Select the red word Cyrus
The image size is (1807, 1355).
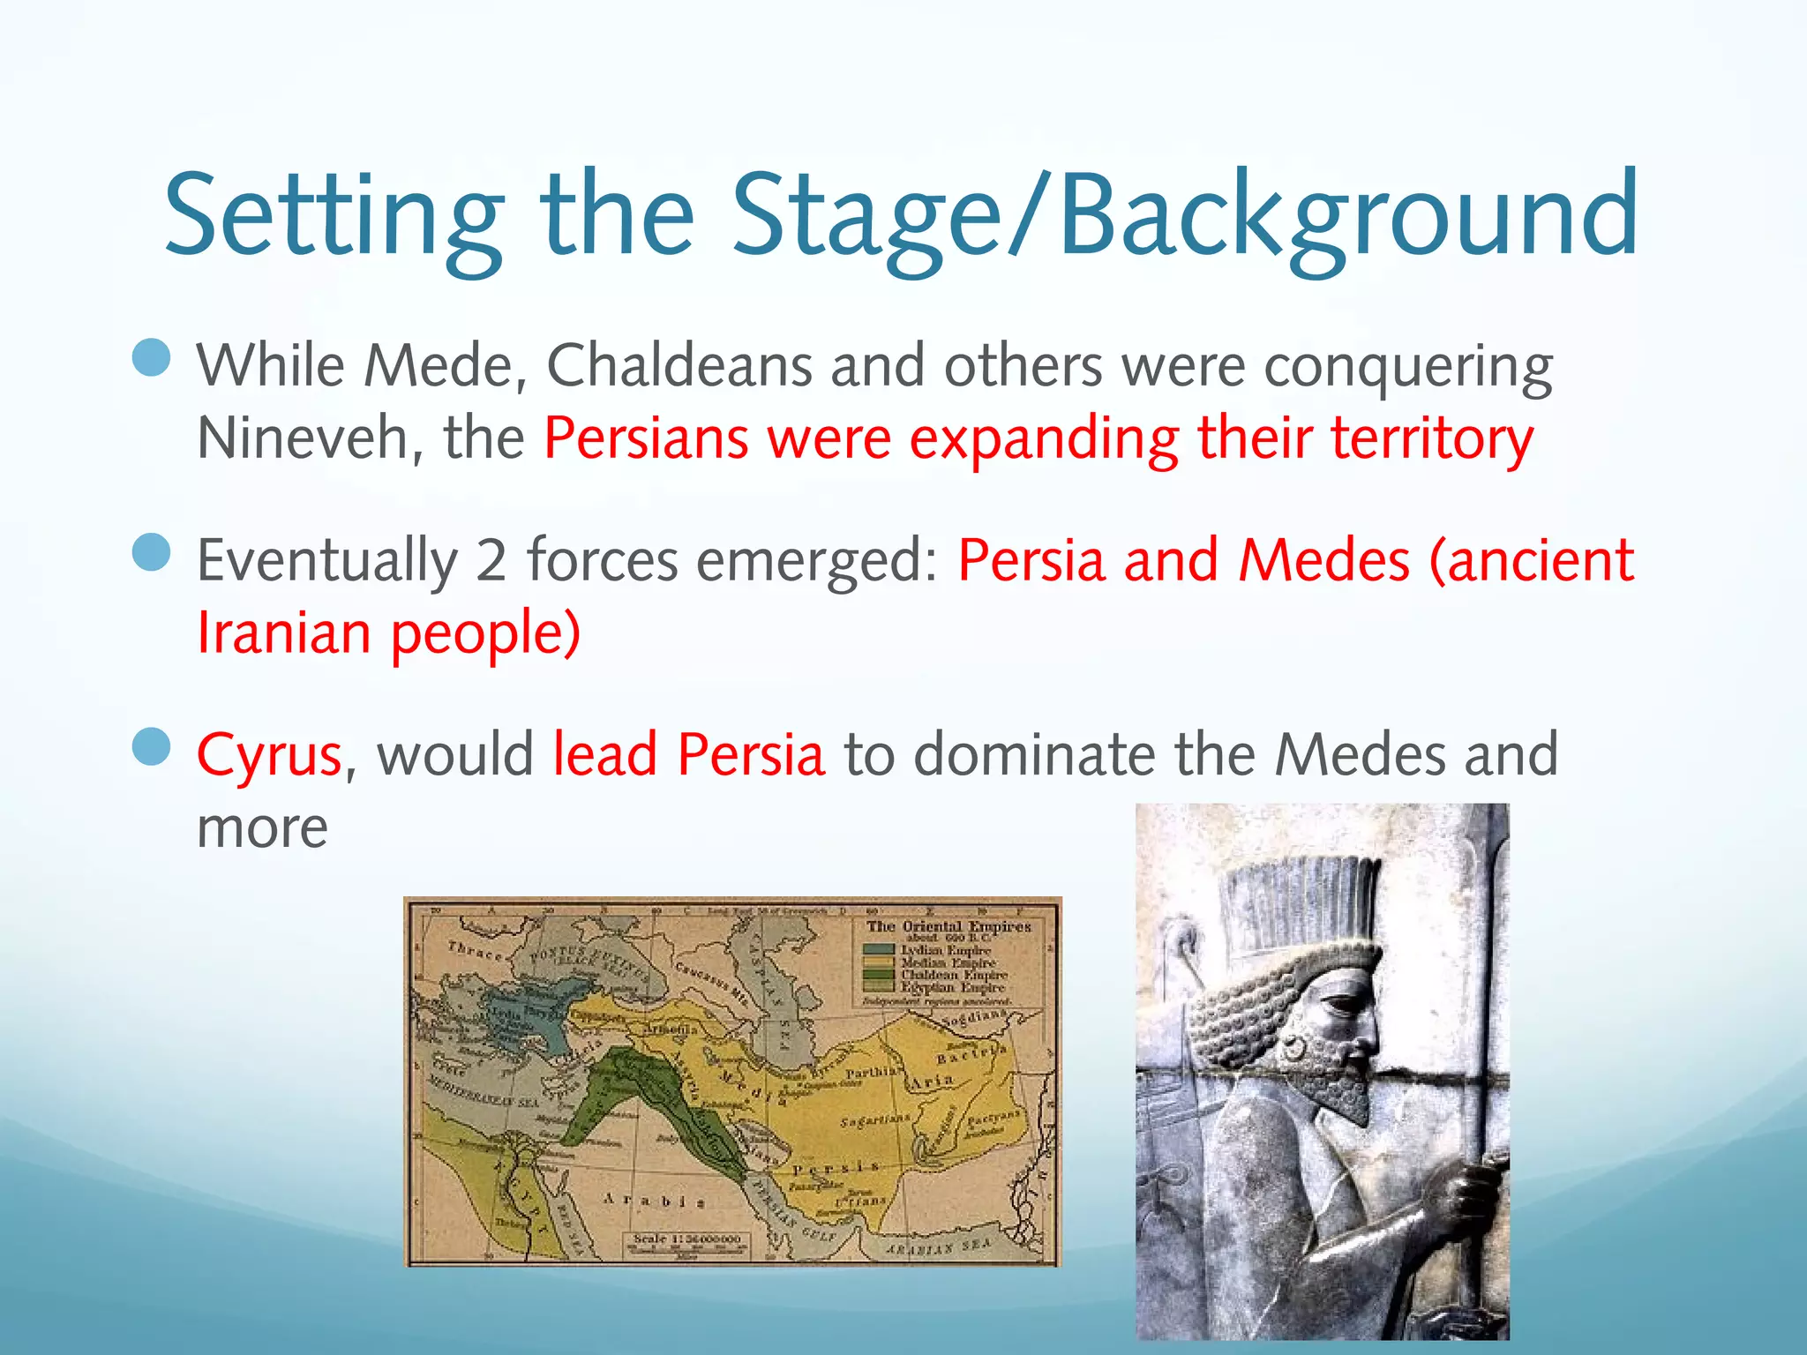[268, 756]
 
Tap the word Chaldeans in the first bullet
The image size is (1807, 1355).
[679, 365]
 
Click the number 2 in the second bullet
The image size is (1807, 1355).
[491, 561]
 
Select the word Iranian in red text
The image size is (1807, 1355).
[283, 633]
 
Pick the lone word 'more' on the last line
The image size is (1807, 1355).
[262, 828]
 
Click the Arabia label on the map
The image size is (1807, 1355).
[653, 1201]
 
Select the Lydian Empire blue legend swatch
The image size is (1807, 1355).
[879, 950]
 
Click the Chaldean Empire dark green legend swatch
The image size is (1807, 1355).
[879, 975]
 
